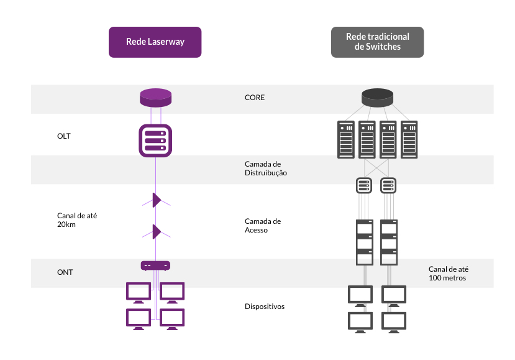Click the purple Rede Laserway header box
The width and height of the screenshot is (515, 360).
(155, 42)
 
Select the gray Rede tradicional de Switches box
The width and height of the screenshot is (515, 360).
(377, 42)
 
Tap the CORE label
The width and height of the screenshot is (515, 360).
(255, 98)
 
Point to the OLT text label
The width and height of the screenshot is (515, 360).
(64, 136)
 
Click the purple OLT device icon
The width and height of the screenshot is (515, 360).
(155, 141)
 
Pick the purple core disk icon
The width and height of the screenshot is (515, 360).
(156, 98)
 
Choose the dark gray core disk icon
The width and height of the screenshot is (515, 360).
(377, 98)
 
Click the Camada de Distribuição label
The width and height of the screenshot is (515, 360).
(266, 168)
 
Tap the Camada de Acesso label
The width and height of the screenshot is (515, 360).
(263, 226)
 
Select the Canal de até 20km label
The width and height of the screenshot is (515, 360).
(77, 220)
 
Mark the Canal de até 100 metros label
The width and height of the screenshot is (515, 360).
(449, 274)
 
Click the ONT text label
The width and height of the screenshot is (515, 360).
(65, 272)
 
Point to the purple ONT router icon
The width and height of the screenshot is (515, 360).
(155, 265)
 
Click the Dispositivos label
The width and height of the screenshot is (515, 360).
(265, 307)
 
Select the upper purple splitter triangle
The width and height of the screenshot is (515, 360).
(157, 200)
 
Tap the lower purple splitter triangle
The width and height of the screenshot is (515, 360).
(157, 232)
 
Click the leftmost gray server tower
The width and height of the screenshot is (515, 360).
(346, 140)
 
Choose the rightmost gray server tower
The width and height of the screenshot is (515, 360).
(409, 140)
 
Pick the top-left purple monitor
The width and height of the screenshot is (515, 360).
(139, 293)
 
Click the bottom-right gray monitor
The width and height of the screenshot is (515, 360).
(394, 323)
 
